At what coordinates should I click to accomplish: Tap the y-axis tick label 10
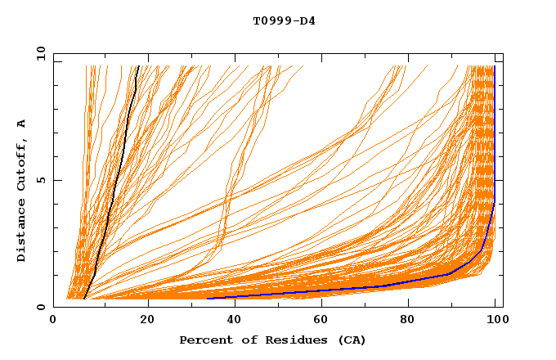tap(39, 52)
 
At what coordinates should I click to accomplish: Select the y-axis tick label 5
tap(43, 180)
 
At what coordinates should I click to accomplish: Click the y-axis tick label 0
tap(43, 307)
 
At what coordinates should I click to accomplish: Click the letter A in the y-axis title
tap(22, 124)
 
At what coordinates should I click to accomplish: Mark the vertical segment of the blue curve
tap(494, 131)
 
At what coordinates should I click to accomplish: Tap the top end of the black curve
tap(138, 66)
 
